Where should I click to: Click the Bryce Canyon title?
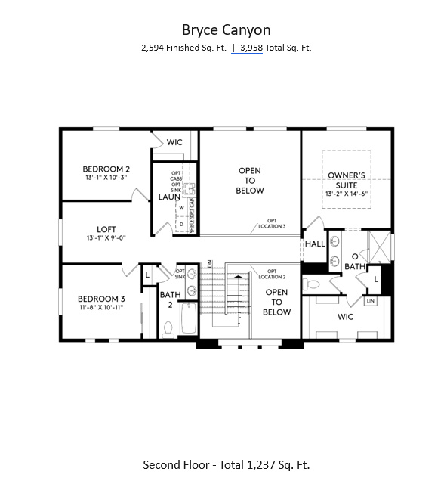[x=226, y=29]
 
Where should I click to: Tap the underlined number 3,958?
[x=251, y=48]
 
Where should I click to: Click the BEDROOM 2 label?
[x=106, y=169]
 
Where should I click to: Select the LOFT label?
[x=106, y=229]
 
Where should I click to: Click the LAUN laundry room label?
[x=168, y=197]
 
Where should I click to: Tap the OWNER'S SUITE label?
[x=347, y=180]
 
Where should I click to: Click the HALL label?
[x=315, y=244]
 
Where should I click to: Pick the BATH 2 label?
[x=171, y=299]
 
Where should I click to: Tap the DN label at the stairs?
[x=209, y=264]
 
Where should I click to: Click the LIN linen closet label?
[x=370, y=301]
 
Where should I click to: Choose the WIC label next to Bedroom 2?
[x=175, y=142]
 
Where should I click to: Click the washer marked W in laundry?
[x=182, y=207]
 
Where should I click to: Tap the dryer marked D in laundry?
[x=182, y=224]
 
